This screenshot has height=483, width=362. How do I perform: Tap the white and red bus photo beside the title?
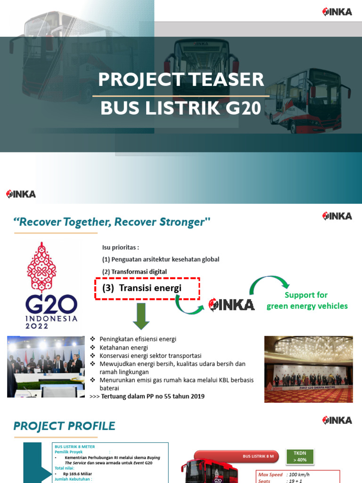[x=307, y=100]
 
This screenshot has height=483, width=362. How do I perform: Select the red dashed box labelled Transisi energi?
[x=148, y=288]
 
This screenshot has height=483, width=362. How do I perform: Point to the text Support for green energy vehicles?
[x=307, y=300]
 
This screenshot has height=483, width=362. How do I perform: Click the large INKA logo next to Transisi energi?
[x=232, y=304]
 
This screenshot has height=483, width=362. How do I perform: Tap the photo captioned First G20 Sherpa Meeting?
[x=308, y=369]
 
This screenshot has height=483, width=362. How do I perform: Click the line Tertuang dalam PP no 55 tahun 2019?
[x=153, y=396]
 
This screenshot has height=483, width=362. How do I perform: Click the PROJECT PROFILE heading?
[x=65, y=426]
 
